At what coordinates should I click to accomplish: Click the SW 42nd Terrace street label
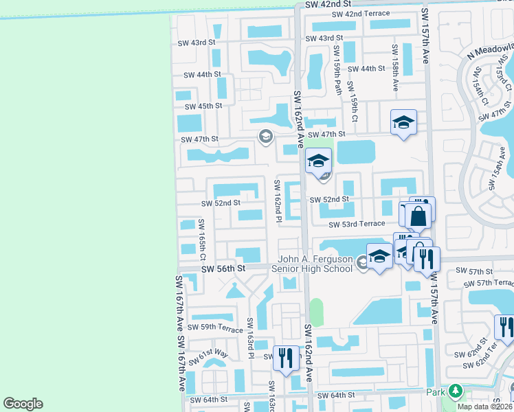coord(360,14)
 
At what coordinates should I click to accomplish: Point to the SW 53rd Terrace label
coord(357,224)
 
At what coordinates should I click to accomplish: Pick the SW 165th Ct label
coord(202,239)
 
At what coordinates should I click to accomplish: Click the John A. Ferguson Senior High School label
coord(315,264)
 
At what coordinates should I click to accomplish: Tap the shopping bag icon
coord(418,217)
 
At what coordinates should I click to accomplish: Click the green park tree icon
coord(455,391)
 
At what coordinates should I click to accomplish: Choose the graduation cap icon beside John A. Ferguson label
coord(379,256)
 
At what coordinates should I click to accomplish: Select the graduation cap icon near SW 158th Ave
coord(403,123)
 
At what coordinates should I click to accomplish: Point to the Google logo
coord(23,403)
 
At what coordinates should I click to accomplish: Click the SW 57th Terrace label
coord(489,283)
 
